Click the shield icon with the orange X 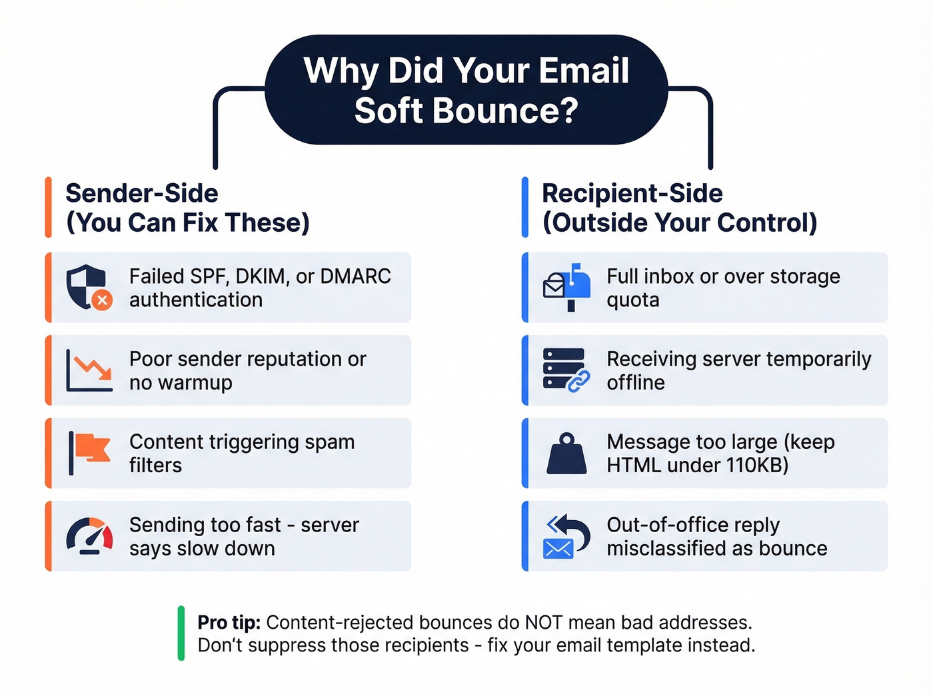click(x=87, y=287)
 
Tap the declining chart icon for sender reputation click(x=89, y=370)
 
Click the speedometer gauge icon click(x=89, y=535)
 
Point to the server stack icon click(x=564, y=369)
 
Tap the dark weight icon click(x=566, y=454)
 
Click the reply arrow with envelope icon click(x=566, y=535)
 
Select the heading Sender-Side click(x=142, y=193)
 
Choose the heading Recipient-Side click(x=632, y=193)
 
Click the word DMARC click(x=356, y=276)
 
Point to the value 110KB click(x=757, y=465)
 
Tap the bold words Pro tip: click(x=229, y=622)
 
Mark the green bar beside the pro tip click(x=181, y=633)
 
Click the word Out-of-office click(x=660, y=525)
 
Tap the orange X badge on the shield click(x=102, y=300)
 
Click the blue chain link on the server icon click(x=578, y=381)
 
